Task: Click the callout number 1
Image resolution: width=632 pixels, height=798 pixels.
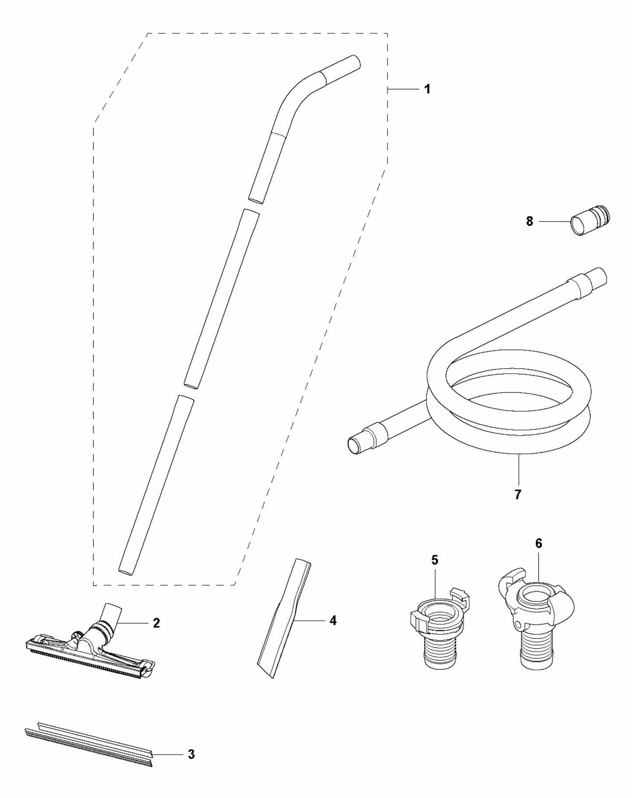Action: coord(427,89)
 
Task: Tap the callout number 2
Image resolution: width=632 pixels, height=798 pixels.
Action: coord(156,623)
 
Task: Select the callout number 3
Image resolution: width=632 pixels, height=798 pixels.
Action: coord(191,755)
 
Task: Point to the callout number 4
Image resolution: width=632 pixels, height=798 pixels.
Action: coord(333,620)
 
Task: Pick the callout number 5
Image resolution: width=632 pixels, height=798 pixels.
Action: coord(434,560)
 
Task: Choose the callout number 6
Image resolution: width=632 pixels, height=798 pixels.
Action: coord(538,543)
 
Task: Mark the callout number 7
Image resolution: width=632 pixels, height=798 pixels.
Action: coord(518,495)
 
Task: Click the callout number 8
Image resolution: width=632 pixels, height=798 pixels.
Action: coord(530,222)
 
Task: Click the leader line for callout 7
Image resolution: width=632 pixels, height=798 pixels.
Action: coord(518,470)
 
